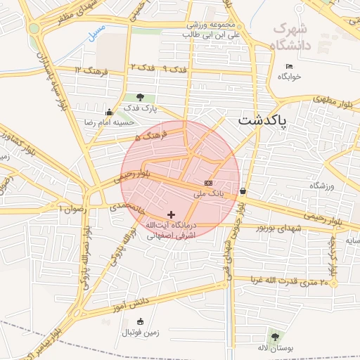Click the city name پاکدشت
coord(263,120)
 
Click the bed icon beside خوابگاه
coord(290,66)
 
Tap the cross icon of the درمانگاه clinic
coord(171,214)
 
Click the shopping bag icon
coord(243,190)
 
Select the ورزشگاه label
coord(323,186)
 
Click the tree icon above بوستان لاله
coord(274,337)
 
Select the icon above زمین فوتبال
coord(141,321)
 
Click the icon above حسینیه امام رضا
coord(109,112)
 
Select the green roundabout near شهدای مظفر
coord(34,28)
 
